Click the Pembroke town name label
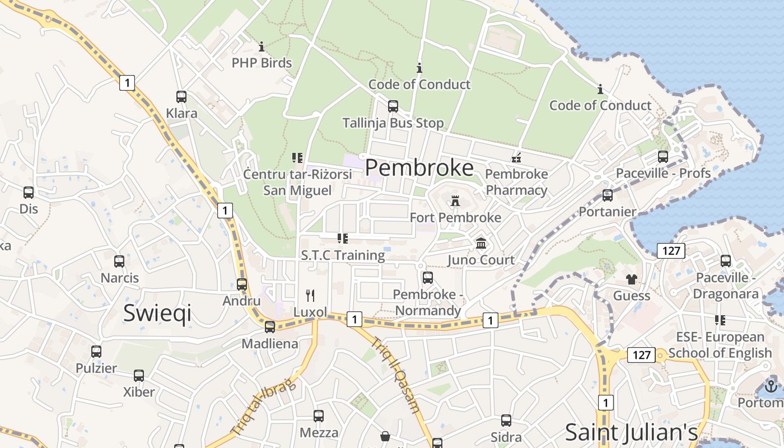419,167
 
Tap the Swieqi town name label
157,312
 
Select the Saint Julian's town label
631,432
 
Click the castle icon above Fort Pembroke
455,200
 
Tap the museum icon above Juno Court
481,243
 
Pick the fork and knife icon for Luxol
310,295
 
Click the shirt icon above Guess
632,279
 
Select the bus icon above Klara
181,96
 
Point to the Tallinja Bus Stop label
393,123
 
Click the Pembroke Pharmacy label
516,182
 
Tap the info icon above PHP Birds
262,46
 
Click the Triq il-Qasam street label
395,375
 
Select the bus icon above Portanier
608,195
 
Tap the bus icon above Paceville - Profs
663,157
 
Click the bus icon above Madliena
270,327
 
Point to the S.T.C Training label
343,255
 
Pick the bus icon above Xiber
139,375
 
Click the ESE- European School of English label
720,345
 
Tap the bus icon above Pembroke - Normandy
428,277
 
